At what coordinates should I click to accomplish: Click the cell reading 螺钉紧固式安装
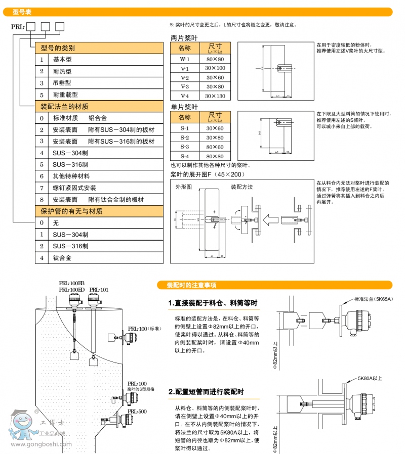click(x=74, y=188)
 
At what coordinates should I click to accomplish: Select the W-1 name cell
click(x=185, y=59)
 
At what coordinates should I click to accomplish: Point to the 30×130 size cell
click(x=215, y=96)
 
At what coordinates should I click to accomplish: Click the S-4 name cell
click(x=185, y=157)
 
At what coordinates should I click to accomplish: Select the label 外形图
click(x=183, y=187)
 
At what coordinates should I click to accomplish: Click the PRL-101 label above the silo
click(x=98, y=290)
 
